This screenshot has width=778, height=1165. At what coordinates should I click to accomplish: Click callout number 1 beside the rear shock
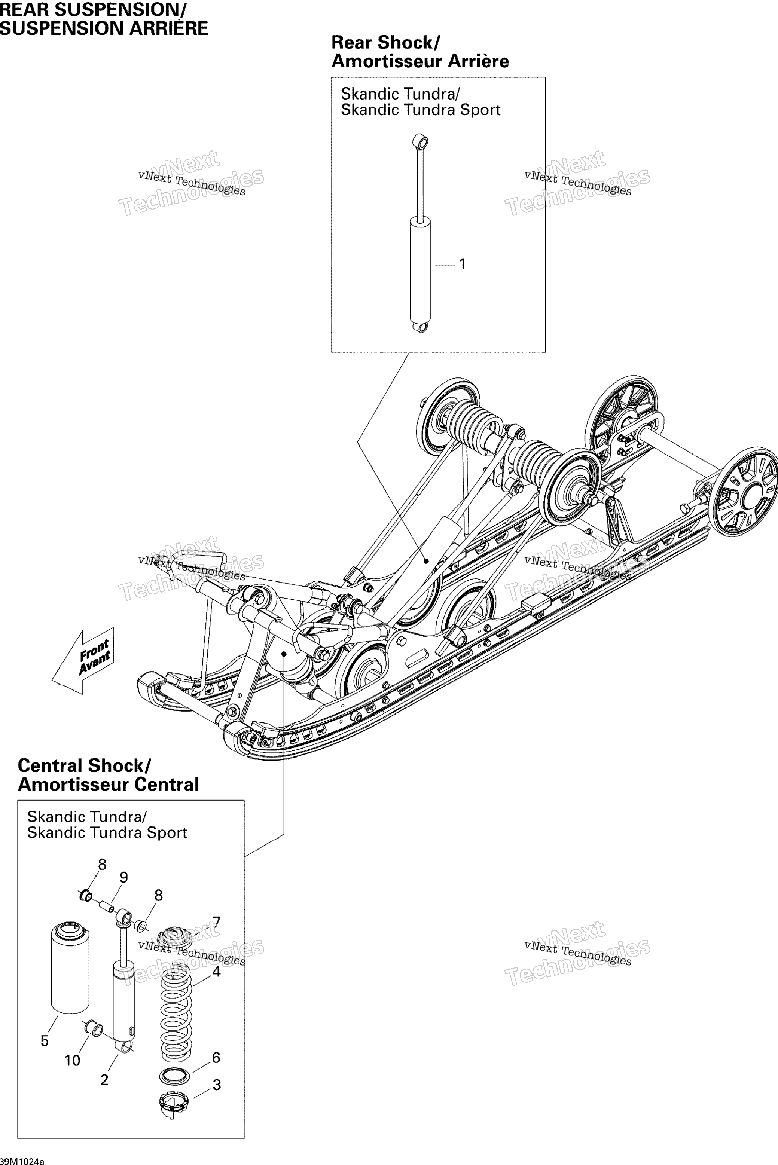pos(463,265)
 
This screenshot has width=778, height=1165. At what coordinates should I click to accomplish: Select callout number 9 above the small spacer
pos(123,877)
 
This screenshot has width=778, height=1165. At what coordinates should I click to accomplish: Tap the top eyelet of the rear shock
pos(420,141)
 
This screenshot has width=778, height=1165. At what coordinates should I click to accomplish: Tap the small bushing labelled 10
pos(94,1028)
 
